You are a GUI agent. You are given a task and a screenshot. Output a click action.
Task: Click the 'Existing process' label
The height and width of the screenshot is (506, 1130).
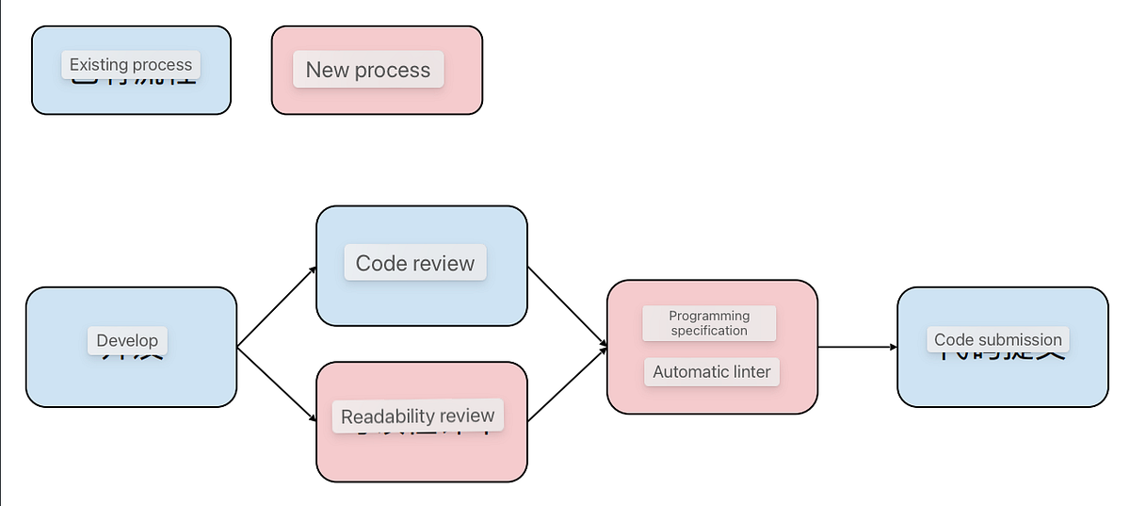131,65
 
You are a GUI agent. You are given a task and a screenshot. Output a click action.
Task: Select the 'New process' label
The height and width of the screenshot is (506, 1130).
368,70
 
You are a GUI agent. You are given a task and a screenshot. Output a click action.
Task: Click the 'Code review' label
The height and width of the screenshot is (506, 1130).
415,263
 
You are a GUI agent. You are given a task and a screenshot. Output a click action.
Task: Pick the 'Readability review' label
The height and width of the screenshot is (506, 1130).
417,416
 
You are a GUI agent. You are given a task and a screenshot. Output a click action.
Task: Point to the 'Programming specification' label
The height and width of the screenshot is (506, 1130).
709,323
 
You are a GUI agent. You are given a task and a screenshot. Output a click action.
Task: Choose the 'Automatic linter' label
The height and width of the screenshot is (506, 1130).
712,371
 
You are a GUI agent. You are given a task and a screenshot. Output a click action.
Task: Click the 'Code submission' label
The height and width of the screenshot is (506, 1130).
997,339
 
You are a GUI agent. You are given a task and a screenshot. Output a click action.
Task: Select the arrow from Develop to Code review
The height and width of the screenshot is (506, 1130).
277,307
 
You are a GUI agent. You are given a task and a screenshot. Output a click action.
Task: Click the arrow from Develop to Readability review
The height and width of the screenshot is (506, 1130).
277,387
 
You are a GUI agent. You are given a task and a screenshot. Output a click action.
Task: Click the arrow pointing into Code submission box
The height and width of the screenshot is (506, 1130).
857,347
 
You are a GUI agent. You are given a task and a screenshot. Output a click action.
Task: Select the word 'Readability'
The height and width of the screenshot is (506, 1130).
387,416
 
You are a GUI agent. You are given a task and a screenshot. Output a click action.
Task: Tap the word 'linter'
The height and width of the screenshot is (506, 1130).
749,371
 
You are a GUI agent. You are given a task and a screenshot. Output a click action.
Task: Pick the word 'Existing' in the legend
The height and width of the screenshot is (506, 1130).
99,65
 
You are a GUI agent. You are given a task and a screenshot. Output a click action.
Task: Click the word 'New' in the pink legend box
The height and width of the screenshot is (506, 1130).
327,70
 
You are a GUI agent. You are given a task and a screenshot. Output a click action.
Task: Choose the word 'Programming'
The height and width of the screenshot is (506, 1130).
709,316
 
